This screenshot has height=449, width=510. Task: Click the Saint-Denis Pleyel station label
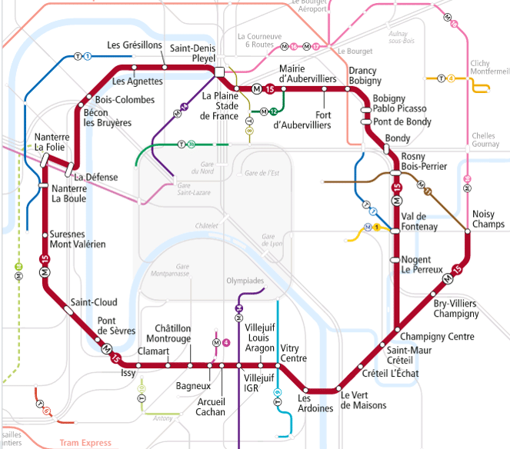[192, 53]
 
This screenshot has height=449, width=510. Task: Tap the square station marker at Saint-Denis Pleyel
[220, 72]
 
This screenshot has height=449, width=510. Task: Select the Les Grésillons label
[133, 45]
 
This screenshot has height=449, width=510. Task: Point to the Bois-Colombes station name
[125, 100]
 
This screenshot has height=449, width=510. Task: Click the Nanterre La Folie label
[52, 143]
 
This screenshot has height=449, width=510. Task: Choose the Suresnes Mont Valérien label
[78, 239]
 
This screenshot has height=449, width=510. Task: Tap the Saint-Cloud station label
[94, 302]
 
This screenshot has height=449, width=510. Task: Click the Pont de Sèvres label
[116, 326]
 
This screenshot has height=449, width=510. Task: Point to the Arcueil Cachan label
[211, 407]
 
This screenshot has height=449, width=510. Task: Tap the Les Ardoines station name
[315, 403]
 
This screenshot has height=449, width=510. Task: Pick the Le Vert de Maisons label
[364, 401]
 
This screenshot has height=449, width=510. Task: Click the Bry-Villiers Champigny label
[456, 309]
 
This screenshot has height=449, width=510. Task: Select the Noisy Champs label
[488, 219]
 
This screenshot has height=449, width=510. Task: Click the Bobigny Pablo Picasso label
[399, 104]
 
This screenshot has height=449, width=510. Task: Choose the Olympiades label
[245, 281]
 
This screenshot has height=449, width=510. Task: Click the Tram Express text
[85, 443]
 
